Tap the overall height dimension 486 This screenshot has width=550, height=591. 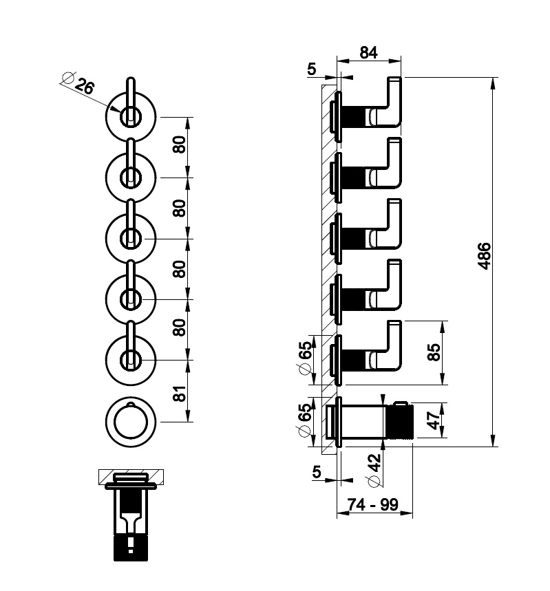click(485, 256)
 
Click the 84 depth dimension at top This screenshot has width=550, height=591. click(369, 52)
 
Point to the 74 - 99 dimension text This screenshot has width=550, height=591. click(373, 504)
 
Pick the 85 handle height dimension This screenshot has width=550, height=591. click(433, 353)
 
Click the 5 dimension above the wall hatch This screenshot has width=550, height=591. click(311, 69)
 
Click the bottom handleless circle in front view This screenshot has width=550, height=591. click(131, 418)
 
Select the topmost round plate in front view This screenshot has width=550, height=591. click(131, 118)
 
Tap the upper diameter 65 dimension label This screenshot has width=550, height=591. click(306, 356)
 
